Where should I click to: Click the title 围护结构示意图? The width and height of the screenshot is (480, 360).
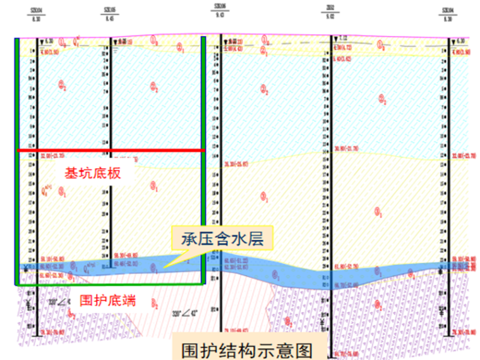[246, 350]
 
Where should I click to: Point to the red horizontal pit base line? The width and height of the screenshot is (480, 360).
[111, 150]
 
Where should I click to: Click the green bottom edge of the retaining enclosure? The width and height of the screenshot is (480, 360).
[111, 284]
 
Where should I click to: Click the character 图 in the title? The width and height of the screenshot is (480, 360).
[300, 350]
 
